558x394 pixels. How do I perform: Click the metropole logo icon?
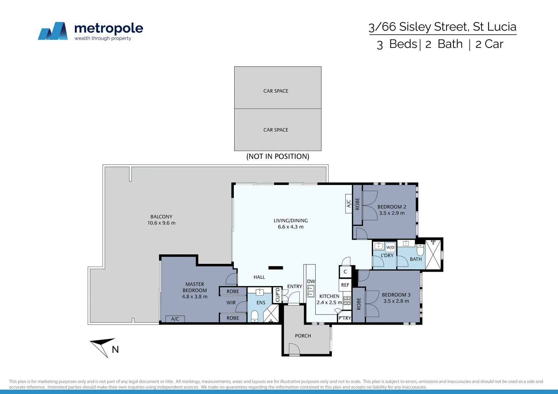[53, 31]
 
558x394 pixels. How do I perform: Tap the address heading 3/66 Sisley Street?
[442, 27]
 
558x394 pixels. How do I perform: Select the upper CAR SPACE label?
[276, 91]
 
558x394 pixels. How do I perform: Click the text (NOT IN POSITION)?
[278, 157]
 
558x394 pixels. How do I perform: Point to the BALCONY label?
[161, 217]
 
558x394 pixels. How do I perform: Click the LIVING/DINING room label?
[291, 221]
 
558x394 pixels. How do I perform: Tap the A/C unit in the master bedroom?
[175, 319]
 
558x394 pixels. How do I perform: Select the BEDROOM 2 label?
[392, 207]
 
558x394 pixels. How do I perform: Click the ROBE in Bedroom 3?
[358, 304]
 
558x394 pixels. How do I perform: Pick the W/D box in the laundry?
[390, 247]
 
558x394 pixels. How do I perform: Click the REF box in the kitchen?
[345, 285]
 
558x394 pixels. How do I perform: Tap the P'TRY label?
[345, 318]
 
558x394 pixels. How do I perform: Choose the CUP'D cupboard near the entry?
[277, 295]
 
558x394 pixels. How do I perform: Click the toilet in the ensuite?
[255, 316]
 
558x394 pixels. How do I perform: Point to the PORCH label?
[303, 336]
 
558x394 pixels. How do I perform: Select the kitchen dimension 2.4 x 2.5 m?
[329, 302]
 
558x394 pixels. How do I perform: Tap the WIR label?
[231, 303]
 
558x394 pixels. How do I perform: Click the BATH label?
[416, 259]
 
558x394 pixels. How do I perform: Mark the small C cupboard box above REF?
[345, 272]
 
